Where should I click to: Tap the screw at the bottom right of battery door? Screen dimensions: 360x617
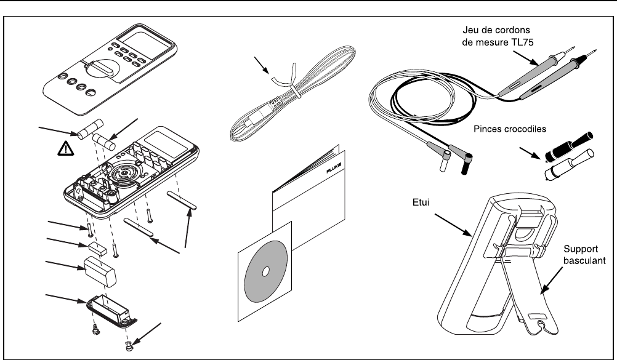[x=131, y=348]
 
